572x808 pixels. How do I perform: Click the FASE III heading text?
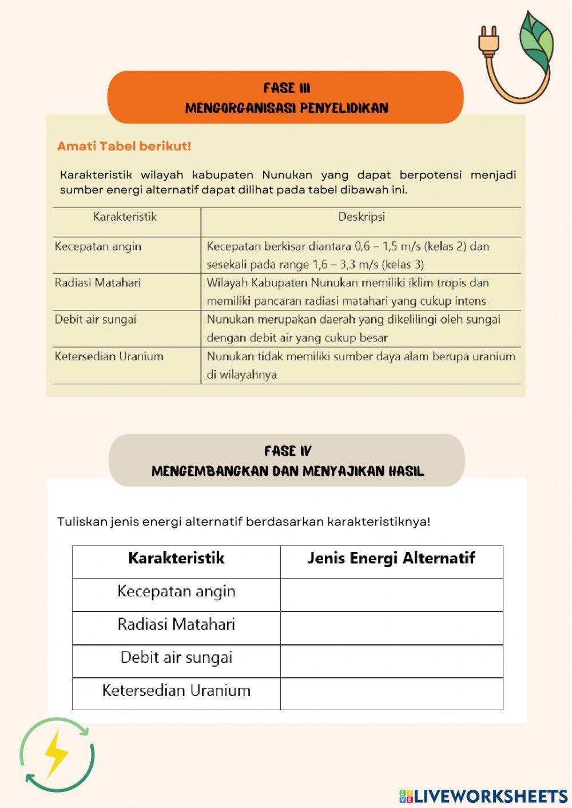pos(287,88)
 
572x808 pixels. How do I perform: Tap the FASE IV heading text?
pos(288,451)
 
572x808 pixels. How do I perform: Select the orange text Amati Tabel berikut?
pos(124,146)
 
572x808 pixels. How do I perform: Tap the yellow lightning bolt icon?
pos(56,753)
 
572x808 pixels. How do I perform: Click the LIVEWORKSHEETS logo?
pos(483,795)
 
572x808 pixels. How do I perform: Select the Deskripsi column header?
pos(361,217)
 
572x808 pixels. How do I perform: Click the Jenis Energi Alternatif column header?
pos(391,558)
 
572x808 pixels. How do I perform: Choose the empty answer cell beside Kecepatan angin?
pos(391,595)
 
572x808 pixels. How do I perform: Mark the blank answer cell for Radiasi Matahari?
pos(391,628)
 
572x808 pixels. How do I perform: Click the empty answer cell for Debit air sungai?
pos(391,661)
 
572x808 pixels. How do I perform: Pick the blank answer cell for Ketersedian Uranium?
pos(391,694)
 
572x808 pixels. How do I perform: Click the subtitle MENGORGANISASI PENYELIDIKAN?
pos(287,108)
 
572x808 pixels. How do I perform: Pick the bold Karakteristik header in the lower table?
pos(176,558)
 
